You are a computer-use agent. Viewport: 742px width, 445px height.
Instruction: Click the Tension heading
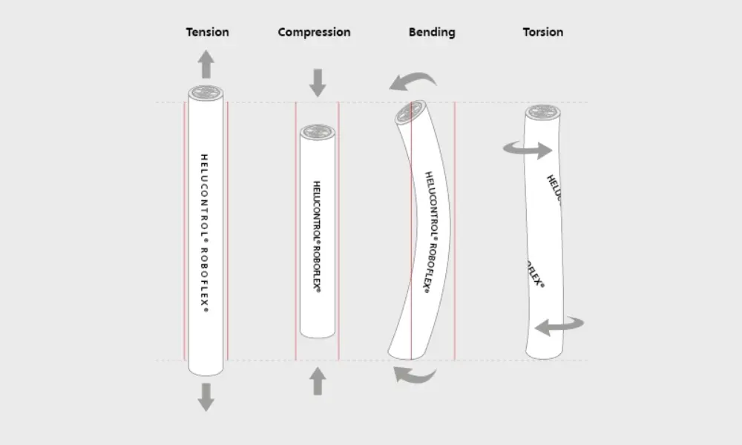click(x=207, y=32)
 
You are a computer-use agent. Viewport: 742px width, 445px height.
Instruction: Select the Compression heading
click(x=314, y=32)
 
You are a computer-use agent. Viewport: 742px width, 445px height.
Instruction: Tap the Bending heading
click(x=432, y=32)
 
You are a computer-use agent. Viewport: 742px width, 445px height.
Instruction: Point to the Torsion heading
click(x=543, y=32)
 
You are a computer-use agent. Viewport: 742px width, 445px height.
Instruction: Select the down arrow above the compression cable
click(x=318, y=82)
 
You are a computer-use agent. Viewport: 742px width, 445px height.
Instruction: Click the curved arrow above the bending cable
click(x=416, y=80)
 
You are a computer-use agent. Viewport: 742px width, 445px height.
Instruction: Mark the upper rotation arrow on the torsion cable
click(x=528, y=149)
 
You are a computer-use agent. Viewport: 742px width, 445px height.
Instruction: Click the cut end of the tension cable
click(x=206, y=93)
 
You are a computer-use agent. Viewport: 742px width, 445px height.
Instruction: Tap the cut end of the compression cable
click(x=318, y=132)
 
